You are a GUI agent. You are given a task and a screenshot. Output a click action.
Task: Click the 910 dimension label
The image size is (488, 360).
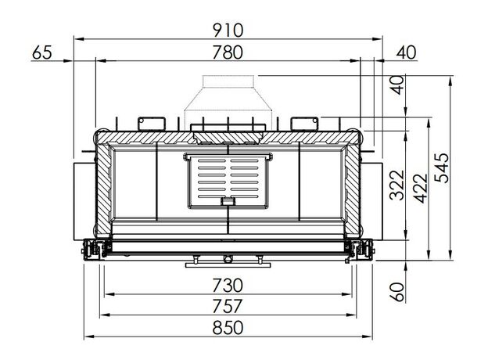(228, 31)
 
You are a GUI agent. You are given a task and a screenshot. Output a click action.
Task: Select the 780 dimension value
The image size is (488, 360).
(228, 52)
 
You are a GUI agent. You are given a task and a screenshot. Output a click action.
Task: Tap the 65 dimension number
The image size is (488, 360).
(42, 52)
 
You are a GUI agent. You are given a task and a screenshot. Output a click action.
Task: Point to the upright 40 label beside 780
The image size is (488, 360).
(406, 52)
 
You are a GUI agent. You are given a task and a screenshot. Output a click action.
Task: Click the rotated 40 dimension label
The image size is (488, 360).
(398, 85)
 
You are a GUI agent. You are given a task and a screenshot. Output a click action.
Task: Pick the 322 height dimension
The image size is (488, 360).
(397, 185)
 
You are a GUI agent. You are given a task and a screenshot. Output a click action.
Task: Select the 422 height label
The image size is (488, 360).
(421, 189)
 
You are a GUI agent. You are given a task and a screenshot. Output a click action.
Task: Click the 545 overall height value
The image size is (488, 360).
(442, 167)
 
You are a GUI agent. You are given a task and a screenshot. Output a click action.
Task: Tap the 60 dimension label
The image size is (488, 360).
(398, 292)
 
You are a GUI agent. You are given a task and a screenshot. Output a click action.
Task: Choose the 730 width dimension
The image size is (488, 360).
(228, 285)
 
